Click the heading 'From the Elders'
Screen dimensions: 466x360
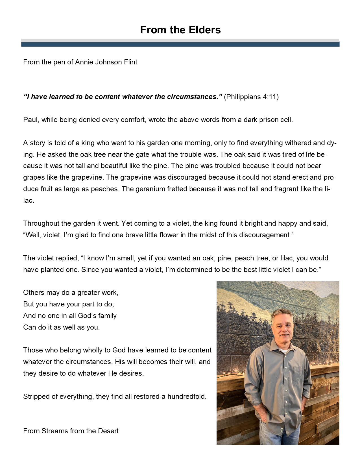pos(180,30)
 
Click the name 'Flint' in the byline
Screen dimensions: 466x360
pos(130,62)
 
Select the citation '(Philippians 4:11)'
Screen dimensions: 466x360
pos(251,97)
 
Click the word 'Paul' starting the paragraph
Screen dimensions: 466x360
pos(30,120)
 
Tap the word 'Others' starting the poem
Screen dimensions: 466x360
pos(32,293)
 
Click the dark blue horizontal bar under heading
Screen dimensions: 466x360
pos(180,44)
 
